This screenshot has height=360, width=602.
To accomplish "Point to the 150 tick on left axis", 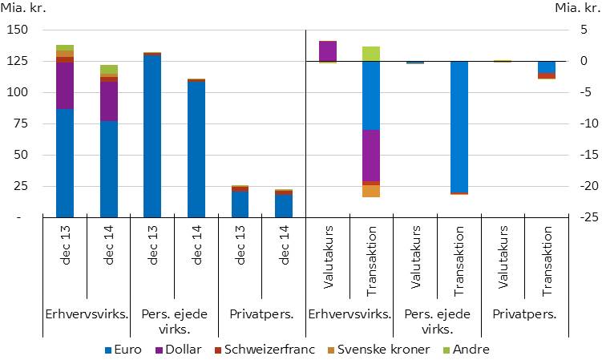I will pyautogui.click(x=18, y=30).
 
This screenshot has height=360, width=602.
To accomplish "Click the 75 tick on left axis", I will pyautogui.click(x=21, y=123).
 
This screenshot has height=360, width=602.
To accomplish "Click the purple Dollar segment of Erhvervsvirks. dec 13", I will pyautogui.click(x=65, y=85).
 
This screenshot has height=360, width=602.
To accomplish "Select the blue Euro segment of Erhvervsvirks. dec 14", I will pyautogui.click(x=108, y=168).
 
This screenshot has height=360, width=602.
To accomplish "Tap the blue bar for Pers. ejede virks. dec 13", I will pyautogui.click(x=152, y=136).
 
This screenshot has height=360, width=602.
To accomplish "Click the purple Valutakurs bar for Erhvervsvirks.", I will pyautogui.click(x=328, y=51).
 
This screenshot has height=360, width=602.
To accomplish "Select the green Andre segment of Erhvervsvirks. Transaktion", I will pyautogui.click(x=371, y=54).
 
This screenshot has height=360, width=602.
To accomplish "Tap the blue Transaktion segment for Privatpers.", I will pyautogui.click(x=546, y=67).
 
